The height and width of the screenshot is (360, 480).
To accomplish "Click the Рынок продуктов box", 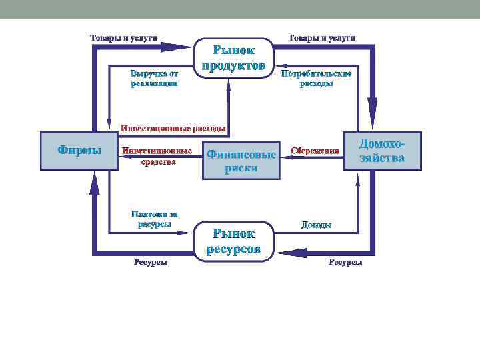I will (233, 57).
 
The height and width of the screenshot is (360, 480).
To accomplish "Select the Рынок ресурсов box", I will (233, 241).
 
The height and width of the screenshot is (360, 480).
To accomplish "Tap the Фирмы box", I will (79, 151).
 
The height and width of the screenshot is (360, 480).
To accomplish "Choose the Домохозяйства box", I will (382, 151).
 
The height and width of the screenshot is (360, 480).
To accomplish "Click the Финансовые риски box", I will (241, 161).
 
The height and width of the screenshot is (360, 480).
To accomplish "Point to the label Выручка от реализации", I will (154, 78).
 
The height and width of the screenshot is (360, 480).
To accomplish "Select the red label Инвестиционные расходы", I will (173, 127).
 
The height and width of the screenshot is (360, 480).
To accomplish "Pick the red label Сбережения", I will (315, 151).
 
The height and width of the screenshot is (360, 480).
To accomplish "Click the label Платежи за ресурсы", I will (154, 219).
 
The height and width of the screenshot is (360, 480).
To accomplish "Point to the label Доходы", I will (316, 225).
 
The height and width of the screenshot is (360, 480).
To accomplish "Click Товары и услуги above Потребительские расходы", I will (321, 37).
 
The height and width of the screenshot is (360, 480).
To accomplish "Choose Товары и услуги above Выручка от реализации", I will (123, 37).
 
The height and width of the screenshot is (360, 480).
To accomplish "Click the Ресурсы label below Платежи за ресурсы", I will (151, 263).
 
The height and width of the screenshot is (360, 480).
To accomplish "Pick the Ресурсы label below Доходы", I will (345, 263).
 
